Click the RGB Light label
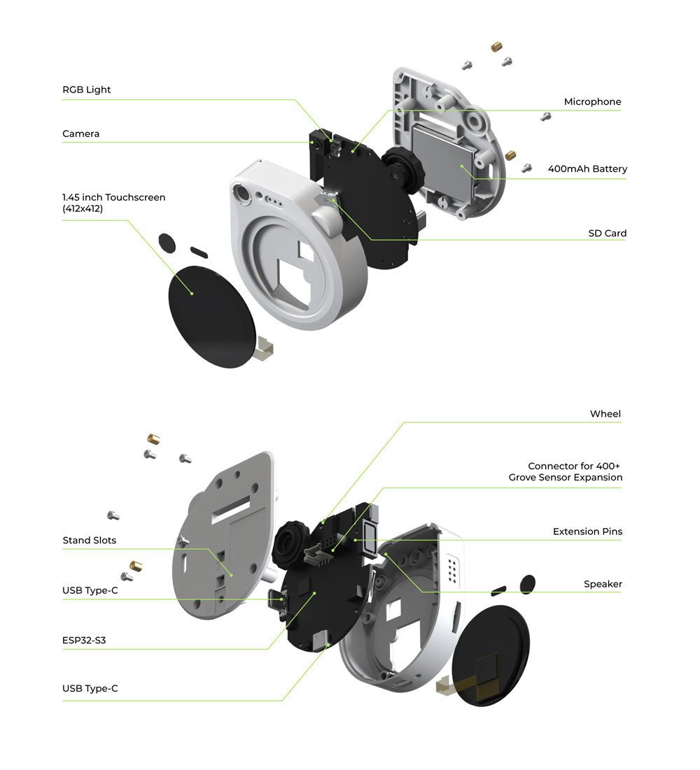[87, 90]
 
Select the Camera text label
[81, 134]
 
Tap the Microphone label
[592, 102]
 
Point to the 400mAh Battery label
[587, 169]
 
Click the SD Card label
[607, 233]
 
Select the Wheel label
[605, 414]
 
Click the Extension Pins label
[587, 532]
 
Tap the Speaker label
[603, 584]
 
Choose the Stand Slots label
[90, 540]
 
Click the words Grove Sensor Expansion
[565, 477]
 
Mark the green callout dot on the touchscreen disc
[192, 292]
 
